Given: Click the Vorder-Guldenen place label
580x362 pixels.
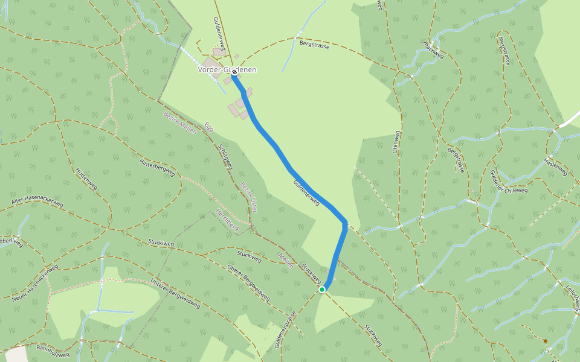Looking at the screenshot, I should point(227,70).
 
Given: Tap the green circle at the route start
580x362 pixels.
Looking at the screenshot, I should point(322,290).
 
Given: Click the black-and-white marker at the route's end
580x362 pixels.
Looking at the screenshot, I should point(234,72).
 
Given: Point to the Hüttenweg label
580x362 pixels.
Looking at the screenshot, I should point(86,179).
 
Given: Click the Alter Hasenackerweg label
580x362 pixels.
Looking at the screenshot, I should point(37,195).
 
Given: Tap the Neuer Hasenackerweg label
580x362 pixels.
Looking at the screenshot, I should point(34,283).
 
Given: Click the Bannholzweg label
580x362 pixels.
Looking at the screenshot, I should point(53,348).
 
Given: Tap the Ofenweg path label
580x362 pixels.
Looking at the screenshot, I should point(396,140).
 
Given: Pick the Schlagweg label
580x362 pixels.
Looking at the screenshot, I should point(227,156).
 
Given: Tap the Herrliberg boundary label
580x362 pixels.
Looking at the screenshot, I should point(227,220).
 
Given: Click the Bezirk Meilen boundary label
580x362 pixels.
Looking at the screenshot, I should point(180,123).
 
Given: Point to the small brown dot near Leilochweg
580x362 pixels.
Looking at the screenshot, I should point(545,341).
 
